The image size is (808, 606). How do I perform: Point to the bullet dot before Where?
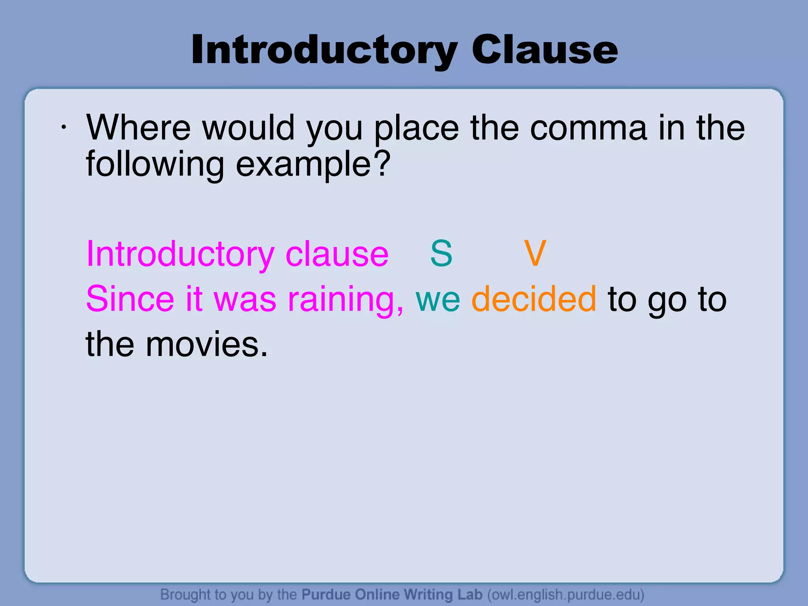click(63, 127)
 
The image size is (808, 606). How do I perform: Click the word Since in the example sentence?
click(130, 299)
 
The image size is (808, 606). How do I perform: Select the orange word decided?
click(534, 299)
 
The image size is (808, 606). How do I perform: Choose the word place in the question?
click(416, 128)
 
